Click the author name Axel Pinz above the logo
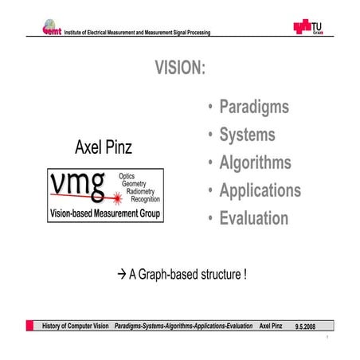coord(104,147)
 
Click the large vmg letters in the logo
coord(76,186)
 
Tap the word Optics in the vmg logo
coord(127,174)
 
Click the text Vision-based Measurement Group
coord(104,214)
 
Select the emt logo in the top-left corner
coord(53,28)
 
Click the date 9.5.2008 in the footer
coord(305,327)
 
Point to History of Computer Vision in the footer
coord(76,327)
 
